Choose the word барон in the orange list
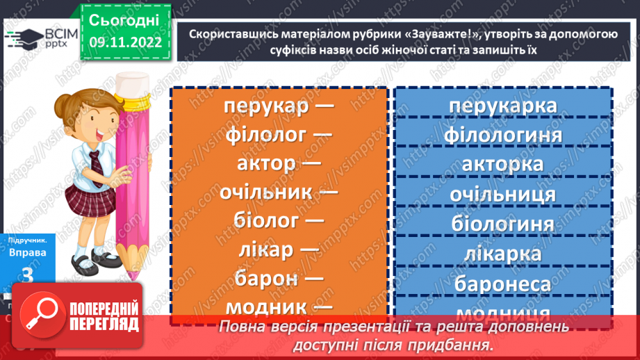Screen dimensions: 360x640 pyautogui.click(x=266, y=278)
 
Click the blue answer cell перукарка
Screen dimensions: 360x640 pyautogui.click(x=502, y=106)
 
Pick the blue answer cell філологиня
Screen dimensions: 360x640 pyautogui.click(x=502, y=134)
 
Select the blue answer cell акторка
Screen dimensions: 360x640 pyautogui.click(x=502, y=164)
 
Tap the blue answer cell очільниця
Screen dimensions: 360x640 pyautogui.click(x=502, y=195)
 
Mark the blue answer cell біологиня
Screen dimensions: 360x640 pyautogui.click(x=502, y=224)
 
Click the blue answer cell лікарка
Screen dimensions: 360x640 pyautogui.click(x=502, y=254)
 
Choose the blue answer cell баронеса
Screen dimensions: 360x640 pyautogui.click(x=502, y=284)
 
